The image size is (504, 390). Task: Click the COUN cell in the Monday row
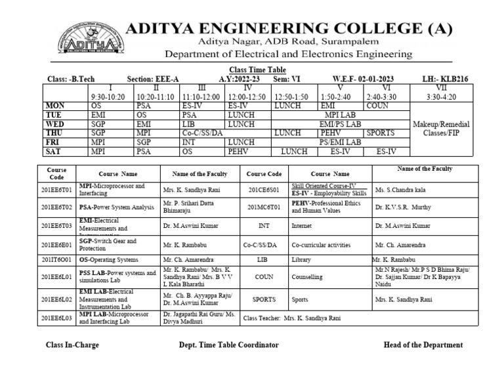click(x=377, y=105)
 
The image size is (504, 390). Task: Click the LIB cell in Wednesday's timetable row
click(x=191, y=123)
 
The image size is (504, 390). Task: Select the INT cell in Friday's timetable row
click(x=190, y=142)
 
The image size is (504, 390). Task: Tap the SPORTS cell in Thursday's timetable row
click(x=381, y=133)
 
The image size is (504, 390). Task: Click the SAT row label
click(x=54, y=151)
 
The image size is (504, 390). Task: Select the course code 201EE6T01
click(x=57, y=190)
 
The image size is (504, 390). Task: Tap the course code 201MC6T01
click(x=264, y=207)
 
